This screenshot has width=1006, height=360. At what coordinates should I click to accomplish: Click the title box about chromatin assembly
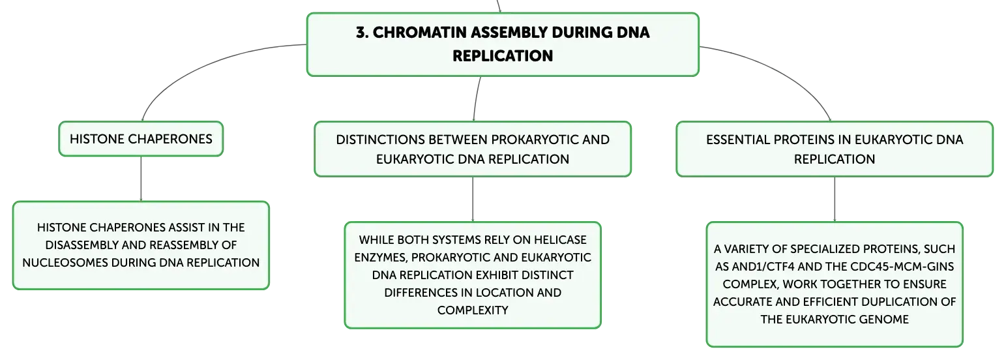click(x=503, y=44)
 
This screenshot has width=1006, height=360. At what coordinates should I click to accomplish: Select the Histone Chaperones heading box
click(x=141, y=139)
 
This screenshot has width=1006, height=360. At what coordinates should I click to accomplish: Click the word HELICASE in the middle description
click(x=560, y=240)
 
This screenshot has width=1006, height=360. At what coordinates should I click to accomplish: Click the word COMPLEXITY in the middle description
click(x=473, y=310)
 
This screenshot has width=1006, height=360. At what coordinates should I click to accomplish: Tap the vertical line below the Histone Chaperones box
click(x=141, y=179)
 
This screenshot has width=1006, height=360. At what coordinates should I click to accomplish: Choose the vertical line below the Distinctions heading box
click(x=473, y=199)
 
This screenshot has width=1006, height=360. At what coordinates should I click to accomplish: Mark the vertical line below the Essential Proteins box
click(x=835, y=199)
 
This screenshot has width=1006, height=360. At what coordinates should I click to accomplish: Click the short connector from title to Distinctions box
click(x=476, y=99)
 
